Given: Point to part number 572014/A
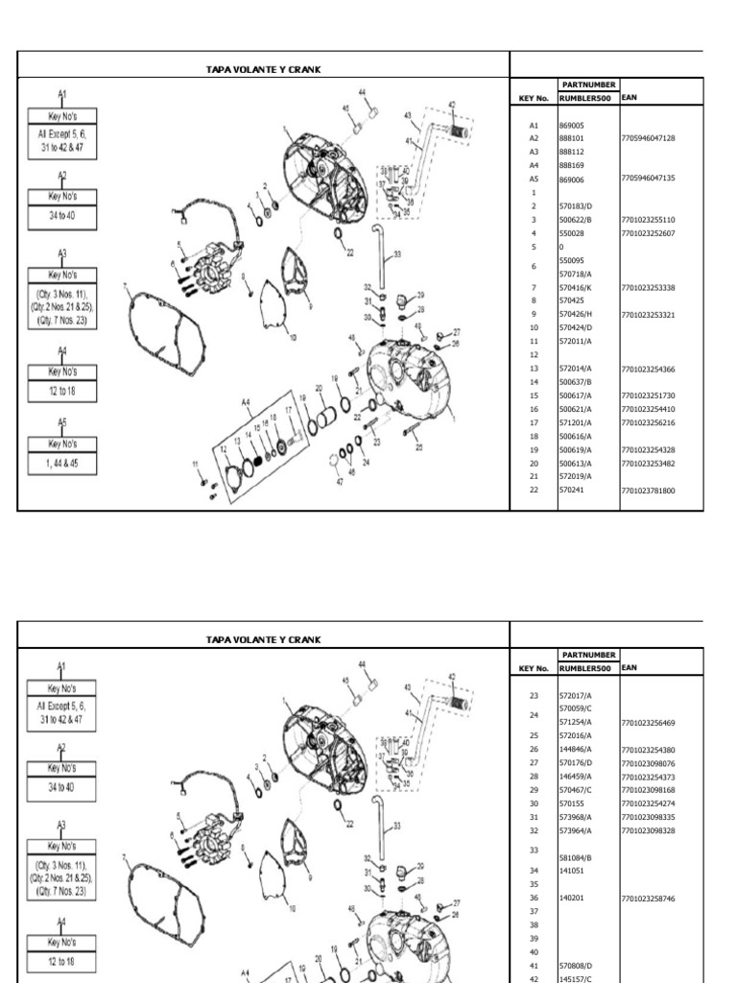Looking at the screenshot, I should pos(576,369).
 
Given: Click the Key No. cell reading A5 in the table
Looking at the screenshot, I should pos(534,179).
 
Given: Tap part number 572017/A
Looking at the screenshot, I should pos(576,695).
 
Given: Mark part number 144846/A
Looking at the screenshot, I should pos(576,749).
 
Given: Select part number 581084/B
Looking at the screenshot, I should pos(576,857).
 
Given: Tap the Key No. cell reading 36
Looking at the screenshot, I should pos(534,898).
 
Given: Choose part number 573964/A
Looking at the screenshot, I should pos(576,829).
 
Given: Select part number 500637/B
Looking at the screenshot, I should pos(576,382).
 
